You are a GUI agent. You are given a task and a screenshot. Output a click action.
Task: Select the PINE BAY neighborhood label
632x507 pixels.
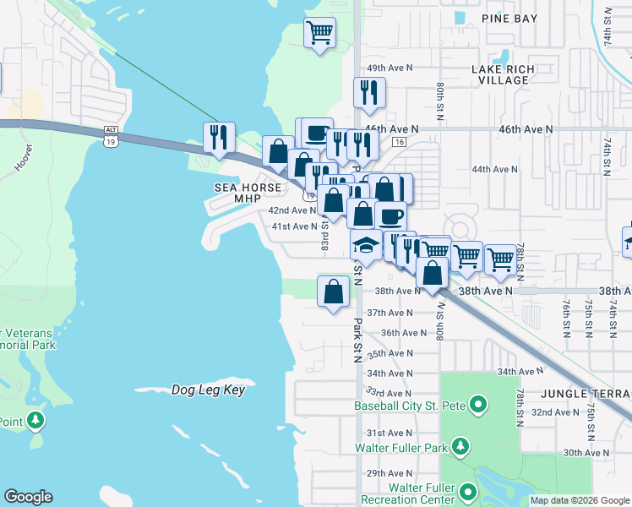[509, 18]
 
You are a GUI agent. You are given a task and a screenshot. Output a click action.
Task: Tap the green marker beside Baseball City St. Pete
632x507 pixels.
[477, 406]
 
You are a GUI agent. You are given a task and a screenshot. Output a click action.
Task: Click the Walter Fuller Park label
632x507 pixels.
[401, 446]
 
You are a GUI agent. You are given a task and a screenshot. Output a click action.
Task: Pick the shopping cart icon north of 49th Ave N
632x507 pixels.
[319, 33]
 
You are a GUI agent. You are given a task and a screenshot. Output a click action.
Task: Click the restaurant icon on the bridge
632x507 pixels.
[219, 138]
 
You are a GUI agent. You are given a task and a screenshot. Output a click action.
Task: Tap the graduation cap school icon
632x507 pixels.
[366, 245]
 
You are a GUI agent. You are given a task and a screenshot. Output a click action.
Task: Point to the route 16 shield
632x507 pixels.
[399, 142]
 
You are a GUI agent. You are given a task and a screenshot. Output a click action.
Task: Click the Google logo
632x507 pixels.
[28, 497]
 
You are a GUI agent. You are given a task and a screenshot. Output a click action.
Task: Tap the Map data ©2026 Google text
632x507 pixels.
[579, 500]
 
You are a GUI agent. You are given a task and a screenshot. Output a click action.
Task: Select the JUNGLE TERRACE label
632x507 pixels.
[586, 395]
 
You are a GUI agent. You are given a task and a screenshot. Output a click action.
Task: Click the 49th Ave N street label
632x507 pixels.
[389, 68]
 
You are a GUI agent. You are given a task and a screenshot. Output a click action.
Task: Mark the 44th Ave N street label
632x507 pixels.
[494, 169]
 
